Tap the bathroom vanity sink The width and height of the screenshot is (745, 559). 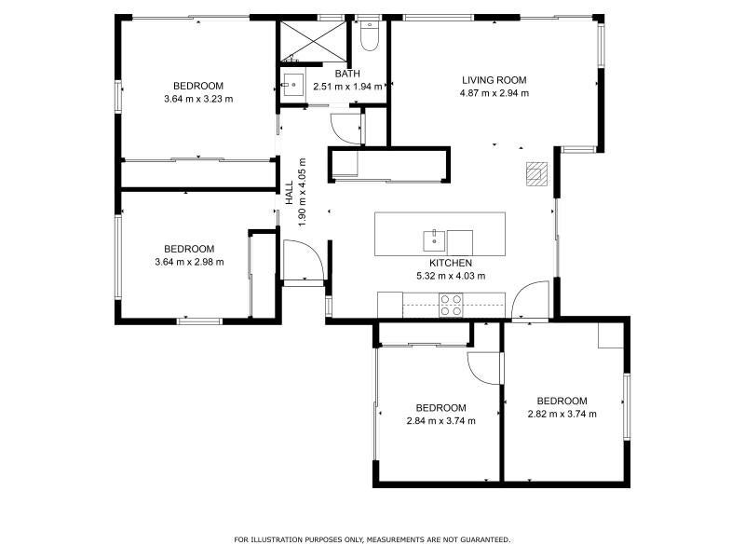tap(293, 86)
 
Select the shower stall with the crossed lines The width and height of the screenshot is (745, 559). tap(313, 41)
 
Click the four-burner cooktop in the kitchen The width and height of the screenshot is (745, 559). tap(451, 306)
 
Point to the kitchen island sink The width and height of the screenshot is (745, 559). tap(434, 241)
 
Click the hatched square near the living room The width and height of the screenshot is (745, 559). tap(536, 174)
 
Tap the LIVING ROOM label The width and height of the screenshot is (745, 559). tap(494, 80)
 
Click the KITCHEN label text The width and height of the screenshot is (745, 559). tap(451, 263)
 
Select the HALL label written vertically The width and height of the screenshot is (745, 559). tap(290, 193)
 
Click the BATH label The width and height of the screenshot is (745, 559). tap(347, 74)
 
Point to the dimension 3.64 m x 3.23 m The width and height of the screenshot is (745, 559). tap(198, 99)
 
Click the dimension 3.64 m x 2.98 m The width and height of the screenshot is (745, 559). tap(189, 262)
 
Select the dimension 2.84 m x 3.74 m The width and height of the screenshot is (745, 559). tap(440, 421)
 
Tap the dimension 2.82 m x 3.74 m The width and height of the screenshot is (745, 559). tap(562, 414)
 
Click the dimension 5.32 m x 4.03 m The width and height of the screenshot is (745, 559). tap(451, 276)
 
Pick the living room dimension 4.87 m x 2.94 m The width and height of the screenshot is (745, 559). tap(494, 93)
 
